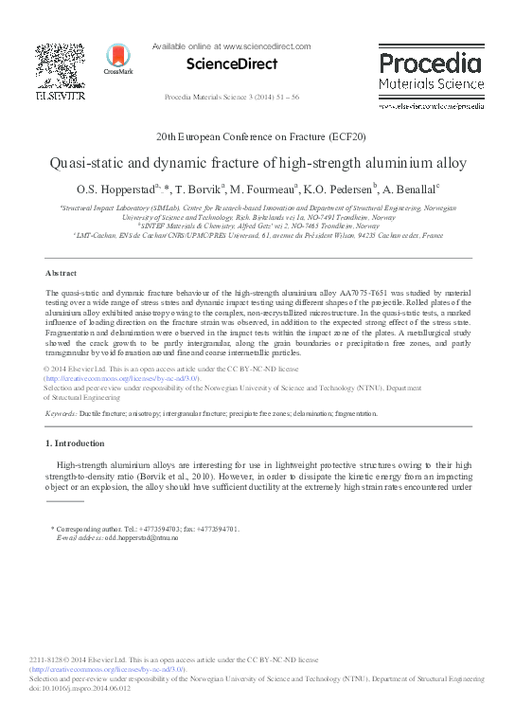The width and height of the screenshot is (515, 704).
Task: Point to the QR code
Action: point(60,64)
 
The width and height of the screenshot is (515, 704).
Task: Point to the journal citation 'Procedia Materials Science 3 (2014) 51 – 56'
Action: point(232,98)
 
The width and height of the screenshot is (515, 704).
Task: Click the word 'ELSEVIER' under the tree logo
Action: point(60,96)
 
